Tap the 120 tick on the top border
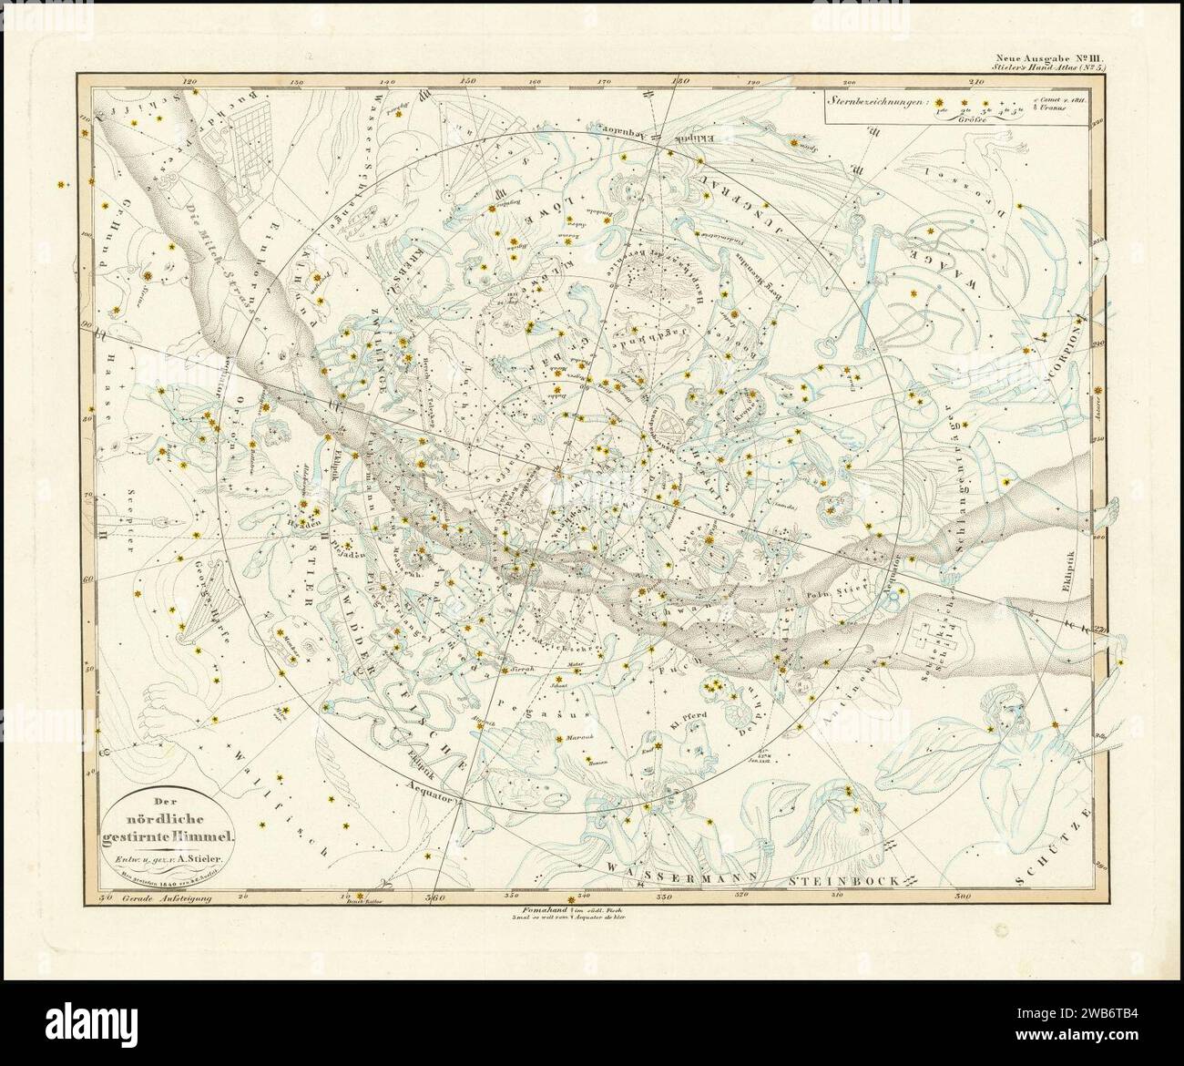pos(189,80)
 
